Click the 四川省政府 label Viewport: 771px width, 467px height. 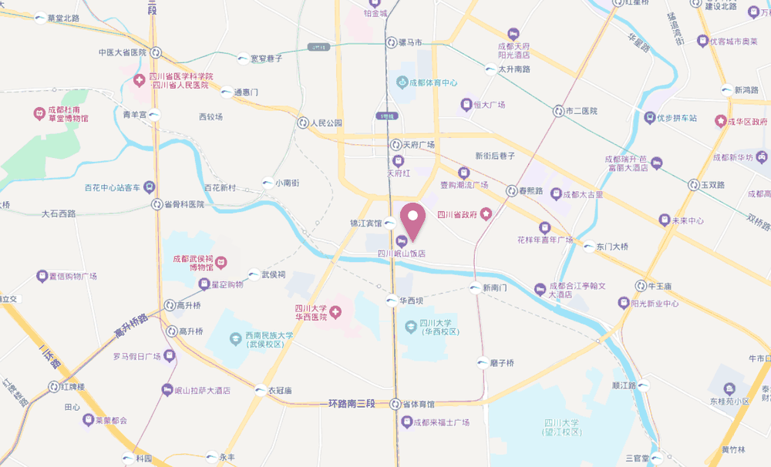coord(461,215)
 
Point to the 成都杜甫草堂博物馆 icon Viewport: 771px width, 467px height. coord(39,114)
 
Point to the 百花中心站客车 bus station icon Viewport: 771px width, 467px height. coord(150,187)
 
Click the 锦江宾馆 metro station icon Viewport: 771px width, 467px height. coord(390,223)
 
